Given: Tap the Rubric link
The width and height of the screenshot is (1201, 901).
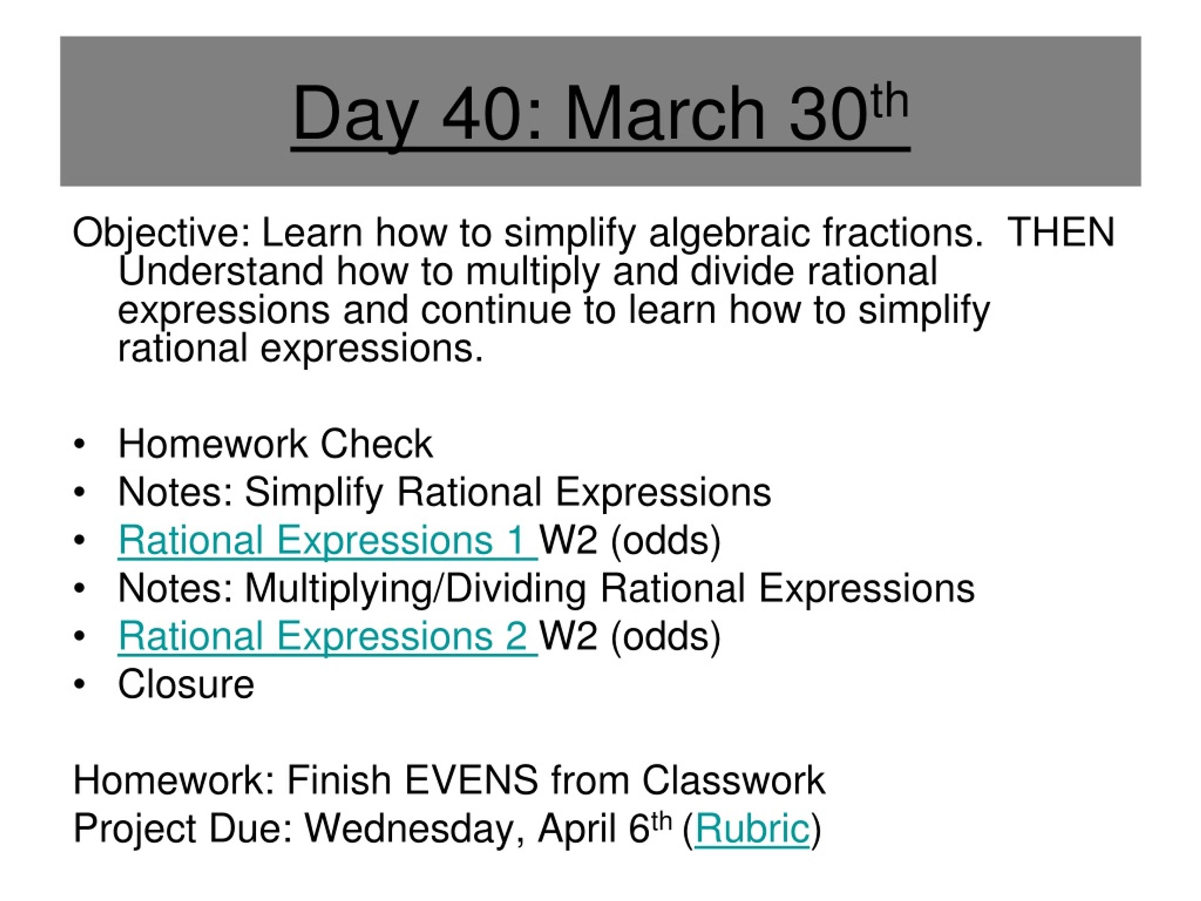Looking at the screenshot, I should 752,829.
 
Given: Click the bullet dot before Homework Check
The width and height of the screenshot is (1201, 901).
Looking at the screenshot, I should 80,444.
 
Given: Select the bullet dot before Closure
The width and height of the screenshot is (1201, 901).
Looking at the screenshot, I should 80,684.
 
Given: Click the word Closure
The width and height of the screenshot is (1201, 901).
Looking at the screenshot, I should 186,684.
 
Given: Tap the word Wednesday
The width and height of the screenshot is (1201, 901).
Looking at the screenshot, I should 409,829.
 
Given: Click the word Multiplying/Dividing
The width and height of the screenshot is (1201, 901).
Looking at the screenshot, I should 415,588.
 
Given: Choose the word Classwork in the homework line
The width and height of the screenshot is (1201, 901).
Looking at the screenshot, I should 733,780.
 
